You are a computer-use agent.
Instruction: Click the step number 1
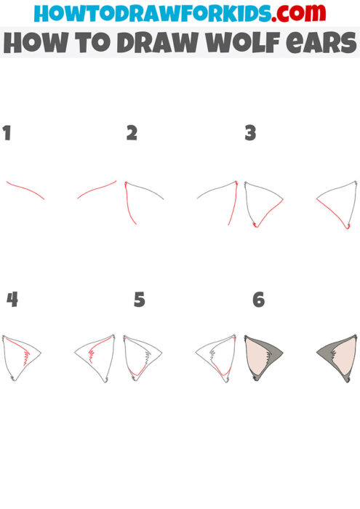coord(7,133)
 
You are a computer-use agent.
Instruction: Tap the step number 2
coord(132,133)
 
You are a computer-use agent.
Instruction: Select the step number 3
coord(250,133)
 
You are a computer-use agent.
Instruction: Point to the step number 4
coord(12,299)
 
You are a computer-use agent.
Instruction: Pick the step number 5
coord(140,300)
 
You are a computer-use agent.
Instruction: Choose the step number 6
coord(258,300)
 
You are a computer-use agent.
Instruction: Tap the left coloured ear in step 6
coord(263,356)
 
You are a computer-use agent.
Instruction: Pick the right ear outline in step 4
coord(95,356)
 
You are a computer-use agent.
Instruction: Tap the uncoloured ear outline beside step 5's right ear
coord(215,356)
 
